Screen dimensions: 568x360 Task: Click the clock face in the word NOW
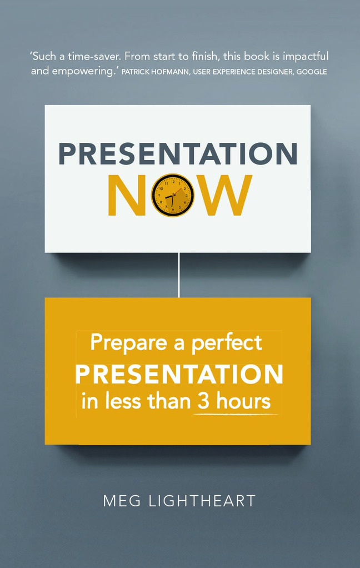click(173, 195)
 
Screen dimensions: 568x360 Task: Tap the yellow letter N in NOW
click(128, 195)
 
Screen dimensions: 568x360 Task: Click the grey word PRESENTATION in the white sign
click(178, 154)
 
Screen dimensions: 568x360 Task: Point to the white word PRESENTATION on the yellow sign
click(179, 375)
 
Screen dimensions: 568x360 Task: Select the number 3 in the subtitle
click(202, 401)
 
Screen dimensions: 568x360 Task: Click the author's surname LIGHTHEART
click(202, 501)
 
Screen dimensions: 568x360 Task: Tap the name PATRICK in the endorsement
click(138, 72)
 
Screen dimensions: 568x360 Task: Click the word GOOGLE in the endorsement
click(311, 72)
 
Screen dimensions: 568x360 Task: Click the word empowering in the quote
click(84, 71)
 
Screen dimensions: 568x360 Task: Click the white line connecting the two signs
click(178, 275)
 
